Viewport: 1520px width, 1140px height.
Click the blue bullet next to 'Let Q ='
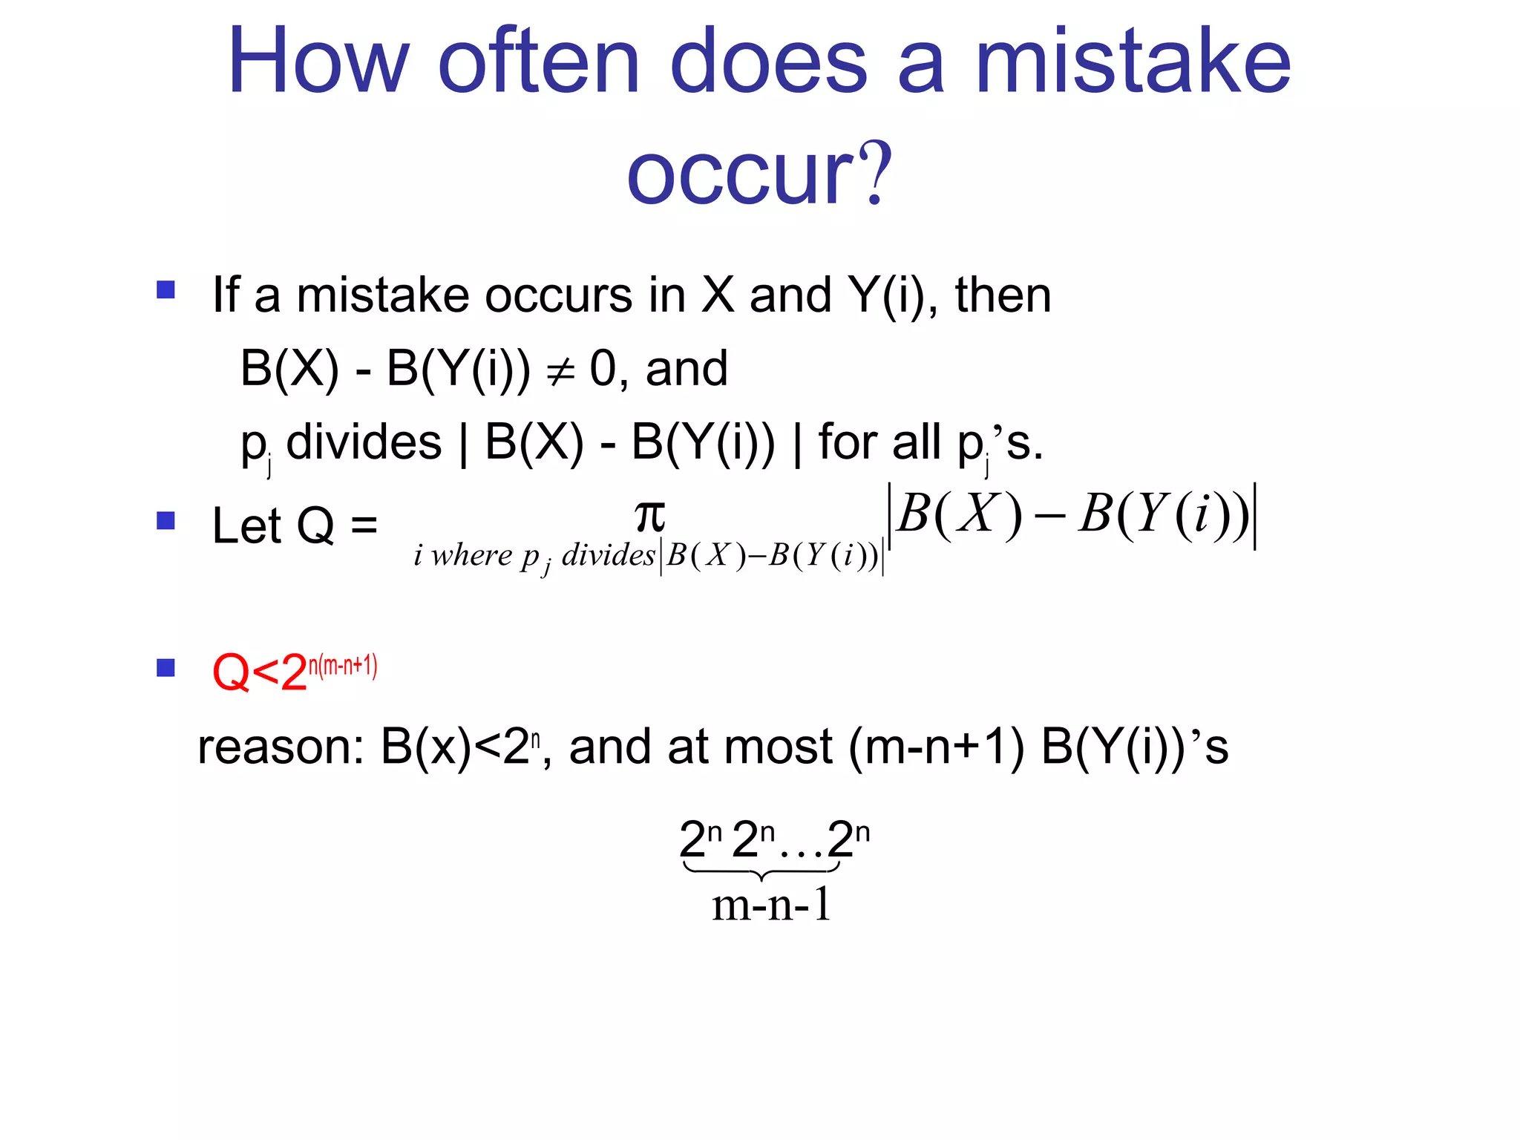(166, 520)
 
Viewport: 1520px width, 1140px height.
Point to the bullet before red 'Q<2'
(166, 667)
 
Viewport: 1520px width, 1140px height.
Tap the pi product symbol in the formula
(650, 515)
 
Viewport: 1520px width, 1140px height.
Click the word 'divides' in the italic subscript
(608, 555)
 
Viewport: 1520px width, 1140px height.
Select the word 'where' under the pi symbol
(472, 555)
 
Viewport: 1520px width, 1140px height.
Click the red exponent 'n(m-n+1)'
(343, 665)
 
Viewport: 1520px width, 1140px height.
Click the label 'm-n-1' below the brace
(771, 905)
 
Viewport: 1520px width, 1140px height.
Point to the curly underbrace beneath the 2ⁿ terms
(761, 869)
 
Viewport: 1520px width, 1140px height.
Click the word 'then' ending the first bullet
(1003, 295)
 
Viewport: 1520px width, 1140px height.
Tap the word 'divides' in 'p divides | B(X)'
(364, 442)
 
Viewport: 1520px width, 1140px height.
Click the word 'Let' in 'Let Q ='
(246, 525)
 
